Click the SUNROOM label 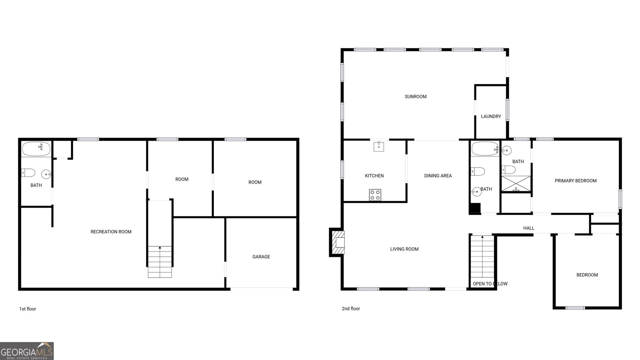click(x=416, y=96)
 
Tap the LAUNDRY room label click(x=491, y=116)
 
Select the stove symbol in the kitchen click(x=375, y=195)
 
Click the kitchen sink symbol click(x=378, y=146)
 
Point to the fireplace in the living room click(x=337, y=242)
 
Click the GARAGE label click(x=261, y=256)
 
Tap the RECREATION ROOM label click(x=111, y=232)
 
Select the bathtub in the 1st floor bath click(x=36, y=149)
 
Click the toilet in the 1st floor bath click(x=28, y=172)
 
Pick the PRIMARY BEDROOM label click(x=576, y=180)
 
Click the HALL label click(x=528, y=228)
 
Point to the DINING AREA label click(x=438, y=176)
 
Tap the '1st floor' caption click(x=28, y=309)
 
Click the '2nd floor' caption click(x=351, y=308)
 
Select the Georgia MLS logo click(x=26, y=351)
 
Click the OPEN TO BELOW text click(x=490, y=284)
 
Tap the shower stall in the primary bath click(x=516, y=184)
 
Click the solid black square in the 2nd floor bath click(x=475, y=208)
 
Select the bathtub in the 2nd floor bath click(x=485, y=149)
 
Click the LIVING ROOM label click(x=404, y=249)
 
